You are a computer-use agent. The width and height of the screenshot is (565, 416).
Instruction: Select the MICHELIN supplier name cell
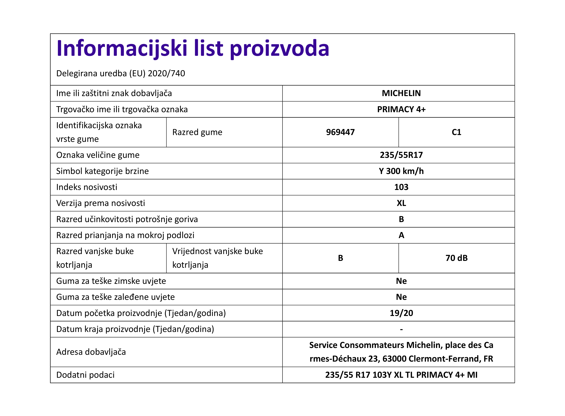tap(401, 93)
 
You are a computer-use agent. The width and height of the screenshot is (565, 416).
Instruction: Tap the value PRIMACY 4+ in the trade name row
tap(401, 109)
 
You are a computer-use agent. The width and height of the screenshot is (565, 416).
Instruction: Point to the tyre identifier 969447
tap(340, 132)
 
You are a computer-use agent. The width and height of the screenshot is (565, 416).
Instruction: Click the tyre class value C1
tap(456, 132)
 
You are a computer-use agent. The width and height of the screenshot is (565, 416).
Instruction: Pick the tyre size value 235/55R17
tap(401, 155)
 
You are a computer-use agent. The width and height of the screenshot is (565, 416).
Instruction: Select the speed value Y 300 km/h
tap(401, 171)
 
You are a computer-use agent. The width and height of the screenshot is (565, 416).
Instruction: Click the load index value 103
tap(401, 187)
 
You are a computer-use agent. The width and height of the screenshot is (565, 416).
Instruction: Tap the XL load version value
tap(401, 203)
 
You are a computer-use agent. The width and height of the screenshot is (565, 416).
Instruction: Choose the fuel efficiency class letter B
tap(401, 219)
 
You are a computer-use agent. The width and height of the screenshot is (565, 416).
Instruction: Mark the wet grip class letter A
tap(401, 235)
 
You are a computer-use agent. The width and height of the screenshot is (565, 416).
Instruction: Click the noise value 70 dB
tap(456, 258)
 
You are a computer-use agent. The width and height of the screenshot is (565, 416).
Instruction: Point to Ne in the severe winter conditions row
tap(401, 281)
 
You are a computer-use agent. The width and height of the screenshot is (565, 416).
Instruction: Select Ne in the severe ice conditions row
tap(401, 297)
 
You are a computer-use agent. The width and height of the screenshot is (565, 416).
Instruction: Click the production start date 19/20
tap(401, 313)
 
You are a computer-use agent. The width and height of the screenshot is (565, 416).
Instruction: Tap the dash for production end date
tap(401, 329)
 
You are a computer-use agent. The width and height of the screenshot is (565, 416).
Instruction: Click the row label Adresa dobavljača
tap(91, 352)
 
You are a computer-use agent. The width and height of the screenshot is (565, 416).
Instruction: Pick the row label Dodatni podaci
tap(85, 375)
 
